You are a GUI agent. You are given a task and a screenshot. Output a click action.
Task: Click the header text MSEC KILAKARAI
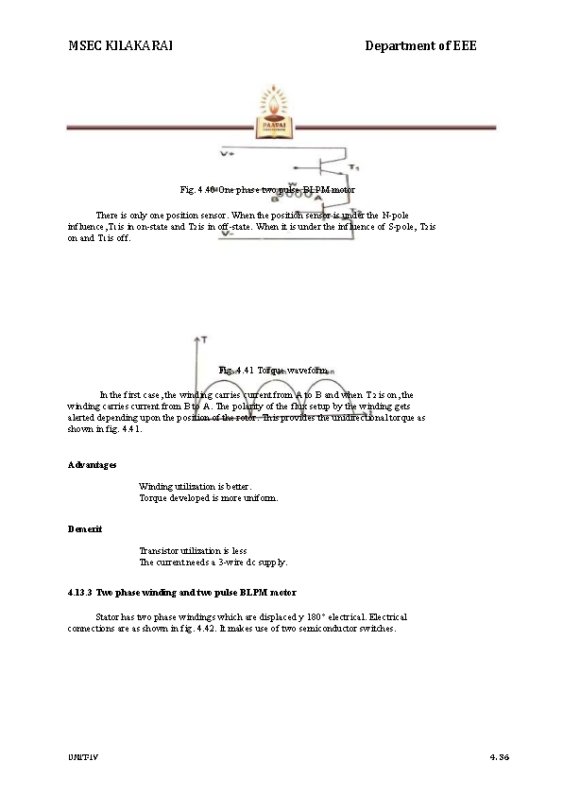tap(120, 45)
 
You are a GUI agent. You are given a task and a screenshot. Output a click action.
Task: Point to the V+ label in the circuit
tap(228, 152)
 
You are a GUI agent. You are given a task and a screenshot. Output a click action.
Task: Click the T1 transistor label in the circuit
tap(354, 167)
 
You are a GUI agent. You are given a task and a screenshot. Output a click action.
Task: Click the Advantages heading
tap(93, 465)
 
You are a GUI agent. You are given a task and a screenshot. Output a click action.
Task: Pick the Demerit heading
tap(85, 528)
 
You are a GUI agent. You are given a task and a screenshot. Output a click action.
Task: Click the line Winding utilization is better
tap(196, 486)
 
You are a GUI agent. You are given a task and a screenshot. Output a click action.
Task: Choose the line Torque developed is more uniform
tap(209, 497)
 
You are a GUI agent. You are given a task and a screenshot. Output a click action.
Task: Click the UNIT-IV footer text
tap(83, 758)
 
